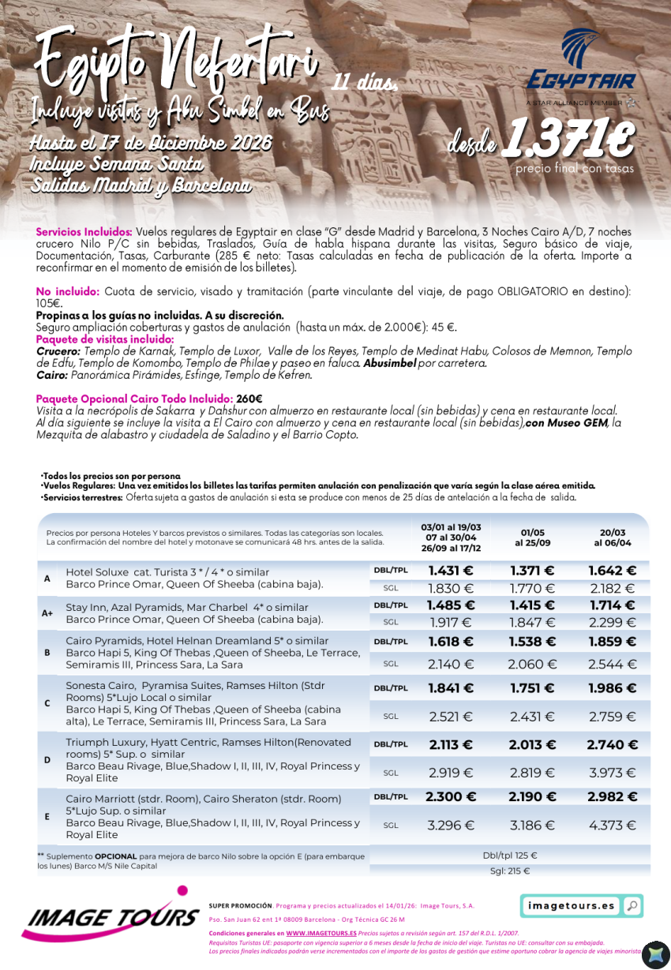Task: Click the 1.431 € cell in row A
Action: (x=450, y=571)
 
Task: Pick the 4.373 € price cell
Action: (x=612, y=826)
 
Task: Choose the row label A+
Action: (x=47, y=612)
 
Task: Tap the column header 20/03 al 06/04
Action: (x=612, y=537)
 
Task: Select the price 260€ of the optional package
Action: (x=249, y=399)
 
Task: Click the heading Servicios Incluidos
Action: (x=84, y=232)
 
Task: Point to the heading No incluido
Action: (x=66, y=291)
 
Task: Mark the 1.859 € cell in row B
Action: (x=612, y=642)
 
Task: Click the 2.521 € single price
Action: (x=450, y=717)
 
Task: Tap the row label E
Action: (x=47, y=816)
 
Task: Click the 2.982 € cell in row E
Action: (x=612, y=797)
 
